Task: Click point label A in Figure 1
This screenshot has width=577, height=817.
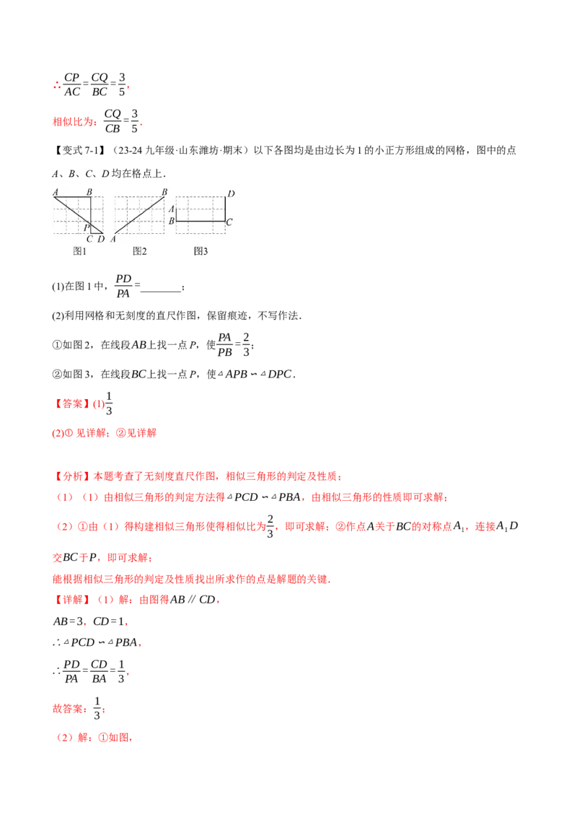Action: pyautogui.click(x=55, y=191)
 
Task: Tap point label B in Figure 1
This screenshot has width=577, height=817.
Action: pyautogui.click(x=89, y=191)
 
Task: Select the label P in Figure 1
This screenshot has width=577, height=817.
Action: pyautogui.click(x=86, y=227)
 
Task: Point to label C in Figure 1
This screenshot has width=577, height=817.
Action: pyautogui.click(x=89, y=239)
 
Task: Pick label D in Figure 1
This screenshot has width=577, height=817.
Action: pyautogui.click(x=101, y=239)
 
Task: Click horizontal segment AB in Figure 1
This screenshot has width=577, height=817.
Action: pyautogui.click(x=72, y=197)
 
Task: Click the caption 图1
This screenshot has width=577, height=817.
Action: pyautogui.click(x=79, y=251)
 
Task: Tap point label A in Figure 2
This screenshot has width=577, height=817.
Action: pyautogui.click(x=114, y=239)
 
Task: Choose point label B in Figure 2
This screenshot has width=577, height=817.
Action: pyautogui.click(x=164, y=191)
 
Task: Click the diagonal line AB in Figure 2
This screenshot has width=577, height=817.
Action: pyautogui.click(x=139, y=215)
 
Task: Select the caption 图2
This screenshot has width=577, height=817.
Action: pyautogui.click(x=140, y=251)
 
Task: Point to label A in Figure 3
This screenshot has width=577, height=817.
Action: pyautogui.click(x=172, y=209)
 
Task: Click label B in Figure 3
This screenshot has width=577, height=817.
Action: pyautogui.click(x=172, y=221)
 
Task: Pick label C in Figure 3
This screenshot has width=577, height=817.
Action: pyautogui.click(x=229, y=222)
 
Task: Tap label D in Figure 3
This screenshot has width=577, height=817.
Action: pyautogui.click(x=231, y=193)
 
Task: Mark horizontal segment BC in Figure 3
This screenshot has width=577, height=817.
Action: pyautogui.click(x=201, y=221)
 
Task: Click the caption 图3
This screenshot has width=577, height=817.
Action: pyautogui.click(x=201, y=251)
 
